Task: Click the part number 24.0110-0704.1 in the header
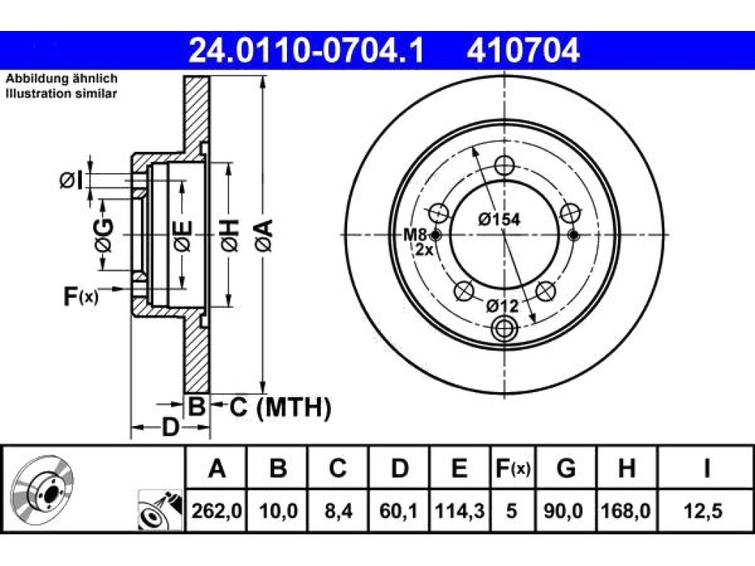click(306, 51)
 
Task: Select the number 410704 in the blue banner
click(523, 51)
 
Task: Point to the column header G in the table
click(566, 468)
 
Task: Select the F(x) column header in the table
click(512, 468)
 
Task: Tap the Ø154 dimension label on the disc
click(499, 220)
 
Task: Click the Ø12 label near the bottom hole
click(501, 306)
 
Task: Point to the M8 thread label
click(414, 235)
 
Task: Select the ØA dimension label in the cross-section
click(264, 235)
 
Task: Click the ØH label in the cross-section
click(230, 235)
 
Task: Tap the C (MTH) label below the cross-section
click(280, 408)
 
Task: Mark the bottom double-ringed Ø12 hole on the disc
click(504, 329)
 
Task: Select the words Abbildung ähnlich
click(62, 79)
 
